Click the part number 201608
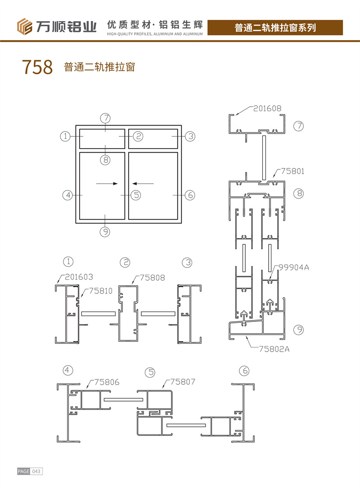point(267,108)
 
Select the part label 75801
point(292,171)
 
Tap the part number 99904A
point(293,267)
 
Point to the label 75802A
point(274,349)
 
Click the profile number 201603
point(79,277)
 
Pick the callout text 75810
point(101,291)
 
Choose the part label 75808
point(152,277)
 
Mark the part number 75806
point(107,382)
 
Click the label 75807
point(183,382)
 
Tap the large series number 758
point(37,67)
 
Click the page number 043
point(36,471)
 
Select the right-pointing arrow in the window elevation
point(107,184)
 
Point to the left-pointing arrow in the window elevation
point(143,184)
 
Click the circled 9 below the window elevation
point(105,232)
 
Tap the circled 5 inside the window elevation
point(136,195)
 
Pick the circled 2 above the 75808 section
point(125,262)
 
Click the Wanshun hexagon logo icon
point(25,27)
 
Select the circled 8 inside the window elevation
point(105,160)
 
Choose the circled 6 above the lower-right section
point(244,370)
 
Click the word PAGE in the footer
point(24,471)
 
